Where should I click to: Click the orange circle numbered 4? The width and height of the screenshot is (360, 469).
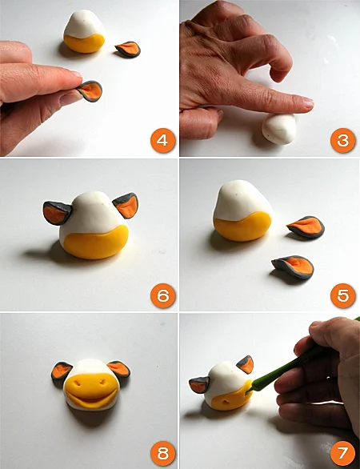tap(162, 140)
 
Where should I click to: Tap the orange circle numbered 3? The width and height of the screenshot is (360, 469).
tap(342, 140)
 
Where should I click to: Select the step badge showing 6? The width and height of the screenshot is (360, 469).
tap(162, 295)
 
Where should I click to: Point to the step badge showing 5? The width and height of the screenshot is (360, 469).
tap(342, 295)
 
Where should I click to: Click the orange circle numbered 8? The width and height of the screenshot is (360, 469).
tap(162, 453)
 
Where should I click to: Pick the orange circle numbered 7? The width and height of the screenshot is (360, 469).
tap(342, 453)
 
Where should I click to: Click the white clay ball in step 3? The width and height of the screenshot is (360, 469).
tap(279, 129)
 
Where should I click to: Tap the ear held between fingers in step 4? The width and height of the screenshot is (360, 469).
tap(90, 91)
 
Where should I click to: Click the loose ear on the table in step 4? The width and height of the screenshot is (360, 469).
tap(128, 50)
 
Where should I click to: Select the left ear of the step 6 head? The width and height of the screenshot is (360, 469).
tap(57, 213)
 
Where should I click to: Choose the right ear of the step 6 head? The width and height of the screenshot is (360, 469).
tap(126, 205)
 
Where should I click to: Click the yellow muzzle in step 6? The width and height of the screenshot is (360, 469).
tap(96, 243)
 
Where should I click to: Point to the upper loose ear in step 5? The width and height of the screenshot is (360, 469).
tap(306, 226)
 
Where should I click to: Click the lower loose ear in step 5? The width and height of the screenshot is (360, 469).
tap(293, 267)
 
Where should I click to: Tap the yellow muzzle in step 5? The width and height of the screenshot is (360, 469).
tap(242, 226)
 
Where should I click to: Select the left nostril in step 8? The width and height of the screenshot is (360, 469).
tap(78, 383)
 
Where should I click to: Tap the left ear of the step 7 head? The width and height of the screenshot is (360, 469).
tap(199, 385)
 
